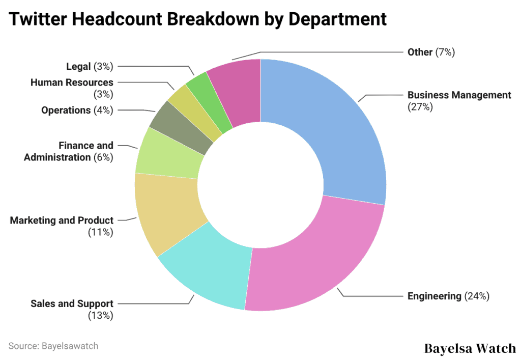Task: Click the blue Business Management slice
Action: [x=336, y=132]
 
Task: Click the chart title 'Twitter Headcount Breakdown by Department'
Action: [x=198, y=19]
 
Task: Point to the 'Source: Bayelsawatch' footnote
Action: [x=53, y=346]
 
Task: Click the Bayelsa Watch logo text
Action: [x=470, y=348]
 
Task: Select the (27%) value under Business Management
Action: [x=420, y=107]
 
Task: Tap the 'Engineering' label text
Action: [x=434, y=296]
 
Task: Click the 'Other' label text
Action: [x=420, y=52]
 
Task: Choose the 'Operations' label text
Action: [x=66, y=110]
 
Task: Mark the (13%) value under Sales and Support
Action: [x=100, y=315]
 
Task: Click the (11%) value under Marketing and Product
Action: [x=100, y=232]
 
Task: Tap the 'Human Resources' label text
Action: [x=72, y=82]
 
